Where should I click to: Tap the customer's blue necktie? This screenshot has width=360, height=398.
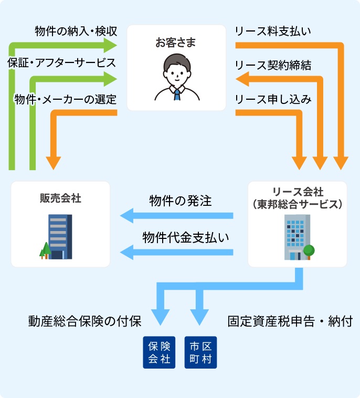click(177, 95)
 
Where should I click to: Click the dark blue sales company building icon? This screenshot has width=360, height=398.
click(60, 236)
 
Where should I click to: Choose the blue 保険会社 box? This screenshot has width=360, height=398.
click(159, 352)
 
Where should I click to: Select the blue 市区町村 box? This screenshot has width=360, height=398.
click(201, 352)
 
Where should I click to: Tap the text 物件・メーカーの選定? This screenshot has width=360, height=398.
click(66, 99)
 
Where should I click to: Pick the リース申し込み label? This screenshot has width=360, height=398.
click(273, 99)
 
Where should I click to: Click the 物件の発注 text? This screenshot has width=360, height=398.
click(180, 201)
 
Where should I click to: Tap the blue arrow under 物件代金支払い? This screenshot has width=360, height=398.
click(176, 253)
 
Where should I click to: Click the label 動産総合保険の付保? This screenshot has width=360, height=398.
click(84, 321)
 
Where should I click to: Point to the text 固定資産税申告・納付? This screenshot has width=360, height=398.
click(290, 321)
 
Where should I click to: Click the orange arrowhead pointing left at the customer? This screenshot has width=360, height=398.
click(242, 80)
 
